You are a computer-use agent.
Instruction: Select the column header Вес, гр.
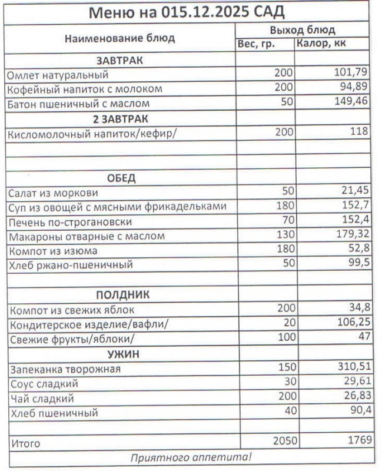[x=257, y=44]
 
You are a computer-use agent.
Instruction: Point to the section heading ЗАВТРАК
[x=119, y=61]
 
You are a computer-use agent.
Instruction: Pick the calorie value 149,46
[x=350, y=103]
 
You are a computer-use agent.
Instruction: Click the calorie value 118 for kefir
[x=358, y=132]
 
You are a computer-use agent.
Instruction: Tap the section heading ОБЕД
[x=121, y=178]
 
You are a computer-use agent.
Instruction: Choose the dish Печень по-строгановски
[x=70, y=222]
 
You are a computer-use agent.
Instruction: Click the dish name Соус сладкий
[x=44, y=384]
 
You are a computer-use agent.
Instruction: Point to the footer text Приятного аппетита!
[x=190, y=456]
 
